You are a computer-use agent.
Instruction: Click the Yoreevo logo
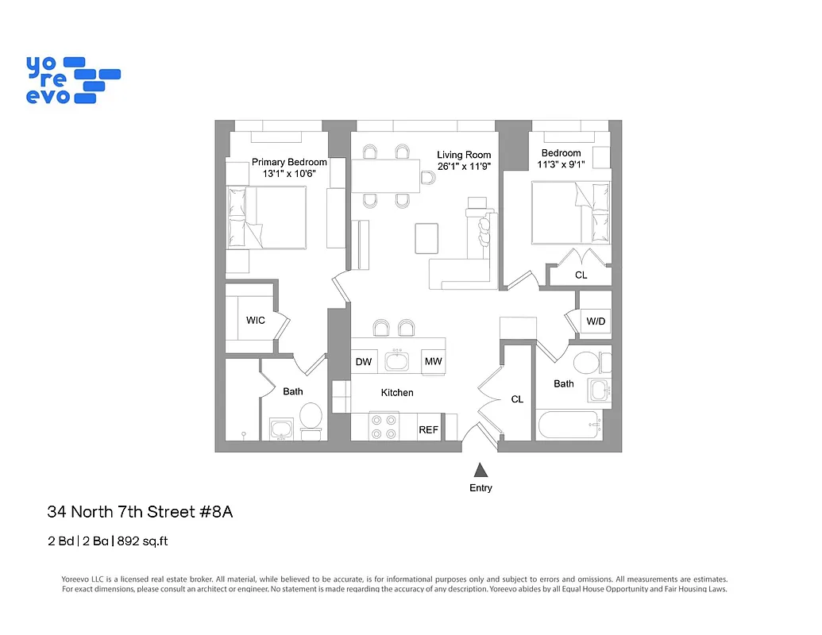point(72,79)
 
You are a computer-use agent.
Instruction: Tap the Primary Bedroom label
point(289,162)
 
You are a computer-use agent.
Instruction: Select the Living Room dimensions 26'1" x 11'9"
point(464,167)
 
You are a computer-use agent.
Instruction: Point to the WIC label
point(255,321)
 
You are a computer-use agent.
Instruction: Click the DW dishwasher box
point(364,362)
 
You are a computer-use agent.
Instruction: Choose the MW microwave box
point(433,362)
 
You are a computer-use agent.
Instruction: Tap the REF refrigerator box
point(429,429)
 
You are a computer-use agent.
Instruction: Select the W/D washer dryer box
point(595,321)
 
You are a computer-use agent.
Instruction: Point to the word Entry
point(480,488)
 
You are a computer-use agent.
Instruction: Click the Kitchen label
point(397,392)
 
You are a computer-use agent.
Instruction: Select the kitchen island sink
point(396,362)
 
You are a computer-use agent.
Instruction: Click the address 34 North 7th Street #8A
point(140,513)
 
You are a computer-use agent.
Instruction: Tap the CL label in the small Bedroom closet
point(581,275)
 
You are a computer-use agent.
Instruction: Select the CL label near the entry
point(517,399)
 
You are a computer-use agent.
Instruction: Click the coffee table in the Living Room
point(426,237)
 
